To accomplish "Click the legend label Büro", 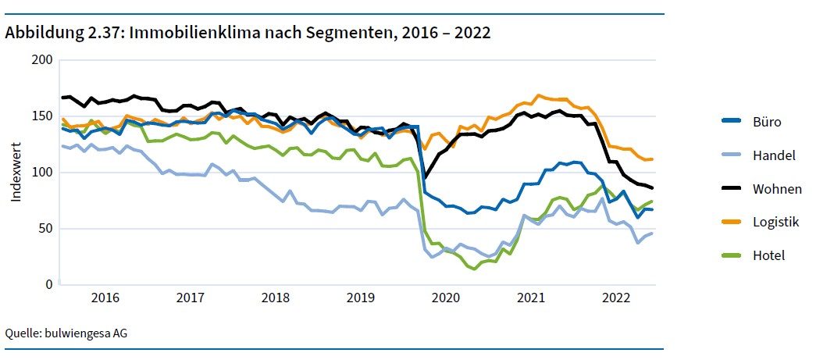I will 767,121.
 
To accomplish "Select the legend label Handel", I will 773,155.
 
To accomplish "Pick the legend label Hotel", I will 768,256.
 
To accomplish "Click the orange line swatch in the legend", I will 730,223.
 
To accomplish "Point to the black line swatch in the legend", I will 730,189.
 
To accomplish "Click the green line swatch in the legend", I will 730,256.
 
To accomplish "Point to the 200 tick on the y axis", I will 42,60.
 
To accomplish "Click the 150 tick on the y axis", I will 42,116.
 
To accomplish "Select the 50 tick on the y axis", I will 45,229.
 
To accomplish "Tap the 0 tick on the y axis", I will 48,285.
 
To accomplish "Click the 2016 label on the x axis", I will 105,298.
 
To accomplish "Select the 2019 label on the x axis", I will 361,298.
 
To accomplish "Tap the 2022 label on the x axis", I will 617,298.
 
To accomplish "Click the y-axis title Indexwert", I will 16,173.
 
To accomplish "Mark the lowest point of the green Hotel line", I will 474,269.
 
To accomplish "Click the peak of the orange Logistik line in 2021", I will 538,95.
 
